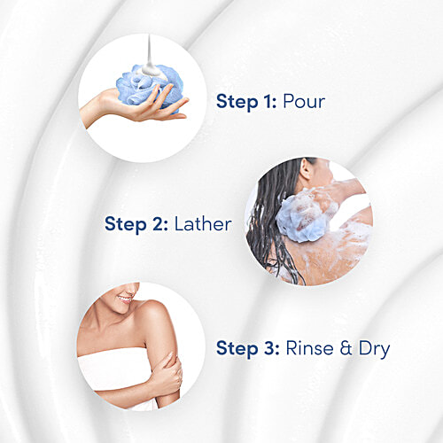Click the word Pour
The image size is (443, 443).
[x=304, y=102]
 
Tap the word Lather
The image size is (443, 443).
[x=203, y=224]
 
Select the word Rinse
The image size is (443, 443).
[x=310, y=348]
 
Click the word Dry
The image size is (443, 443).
[x=374, y=350]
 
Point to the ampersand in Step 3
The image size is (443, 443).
[x=346, y=348]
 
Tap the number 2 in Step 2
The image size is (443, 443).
[x=157, y=224]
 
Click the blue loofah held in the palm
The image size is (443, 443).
[x=150, y=87]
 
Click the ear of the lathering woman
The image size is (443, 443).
[x=307, y=169]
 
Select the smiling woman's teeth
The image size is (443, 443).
[x=126, y=299]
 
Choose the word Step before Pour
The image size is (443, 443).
[x=237, y=102]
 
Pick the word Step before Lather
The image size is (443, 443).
[x=125, y=225]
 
